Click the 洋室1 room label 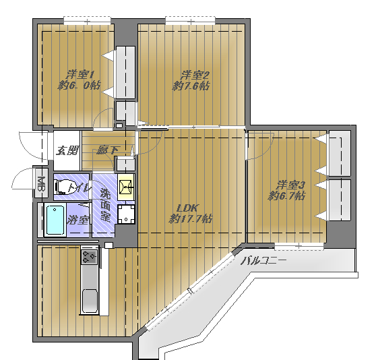(x=80, y=75)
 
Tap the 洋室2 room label (x=195, y=75)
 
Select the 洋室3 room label (x=290, y=185)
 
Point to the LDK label (x=187, y=208)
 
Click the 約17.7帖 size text (x=191, y=218)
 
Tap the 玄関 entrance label (x=67, y=151)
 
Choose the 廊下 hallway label (x=107, y=150)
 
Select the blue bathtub (x=55, y=220)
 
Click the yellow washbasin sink (x=125, y=187)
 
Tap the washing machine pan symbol (x=126, y=214)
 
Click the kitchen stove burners (x=89, y=257)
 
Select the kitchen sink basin (x=90, y=301)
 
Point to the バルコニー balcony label (x=263, y=261)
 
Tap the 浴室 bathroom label (x=77, y=220)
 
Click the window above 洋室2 (x=190, y=21)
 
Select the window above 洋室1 (x=88, y=21)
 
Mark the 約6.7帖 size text (x=286, y=196)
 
